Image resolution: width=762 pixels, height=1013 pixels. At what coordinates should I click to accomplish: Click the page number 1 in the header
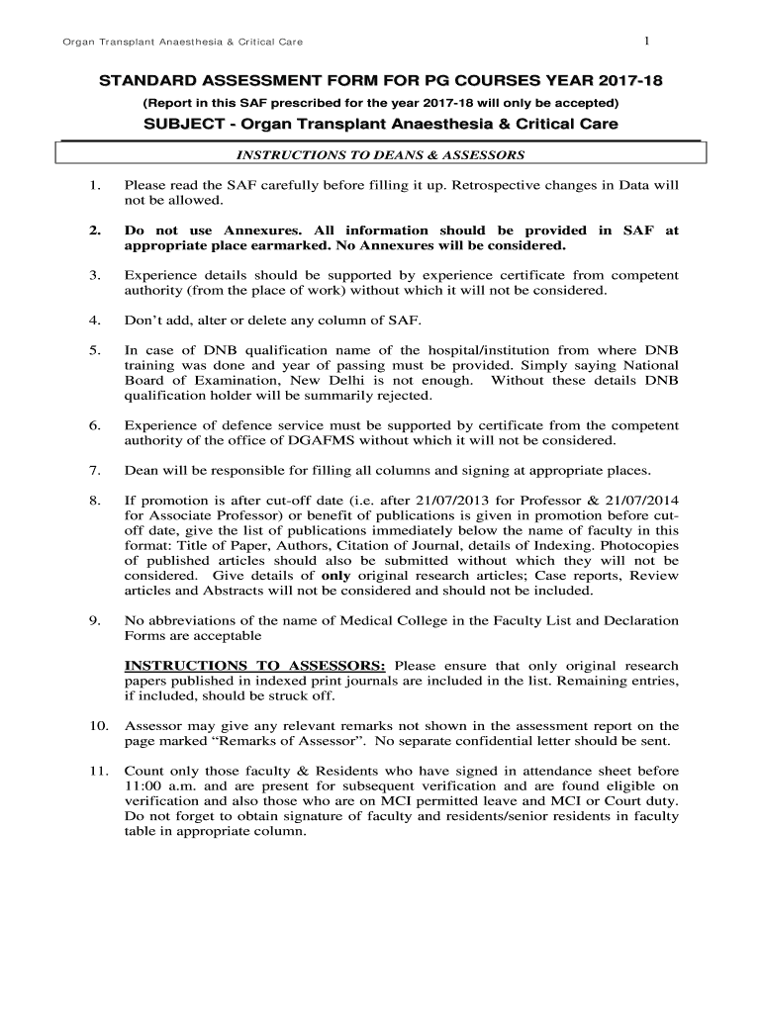click(x=645, y=41)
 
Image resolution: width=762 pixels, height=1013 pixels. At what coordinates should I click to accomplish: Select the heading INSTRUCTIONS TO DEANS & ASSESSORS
click(x=380, y=155)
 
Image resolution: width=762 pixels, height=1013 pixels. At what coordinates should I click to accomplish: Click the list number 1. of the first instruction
click(x=95, y=185)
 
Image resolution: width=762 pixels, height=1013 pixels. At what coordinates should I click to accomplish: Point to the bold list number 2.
click(x=95, y=230)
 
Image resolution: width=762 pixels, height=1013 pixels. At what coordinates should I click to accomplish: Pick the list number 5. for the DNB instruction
click(x=95, y=351)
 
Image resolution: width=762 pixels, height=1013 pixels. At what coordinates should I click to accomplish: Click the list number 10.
click(x=99, y=725)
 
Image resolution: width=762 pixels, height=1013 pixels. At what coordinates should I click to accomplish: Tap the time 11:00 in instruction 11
click(x=142, y=786)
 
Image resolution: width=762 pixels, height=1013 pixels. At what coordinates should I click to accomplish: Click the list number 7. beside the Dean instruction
click(x=95, y=470)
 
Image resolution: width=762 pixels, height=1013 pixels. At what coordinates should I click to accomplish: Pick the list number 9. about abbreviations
click(x=95, y=620)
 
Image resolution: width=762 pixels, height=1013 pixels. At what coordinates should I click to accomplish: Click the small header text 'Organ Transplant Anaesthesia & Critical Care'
click(x=182, y=42)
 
